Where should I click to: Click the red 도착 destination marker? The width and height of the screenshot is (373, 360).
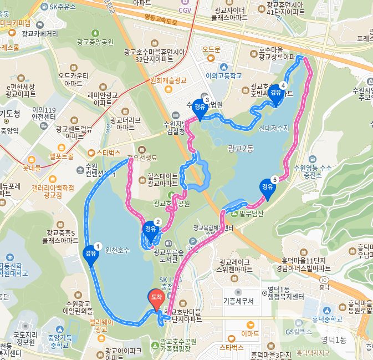click(156, 298)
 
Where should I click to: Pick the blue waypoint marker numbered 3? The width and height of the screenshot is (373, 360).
click(199, 108)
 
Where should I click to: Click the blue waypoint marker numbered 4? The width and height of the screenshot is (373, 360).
click(275, 93)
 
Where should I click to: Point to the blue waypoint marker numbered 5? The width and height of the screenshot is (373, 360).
click(267, 187)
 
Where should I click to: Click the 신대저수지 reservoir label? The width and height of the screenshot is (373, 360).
click(274, 128)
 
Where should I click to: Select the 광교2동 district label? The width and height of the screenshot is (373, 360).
click(240, 148)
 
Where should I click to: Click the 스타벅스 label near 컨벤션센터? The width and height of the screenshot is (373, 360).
click(109, 152)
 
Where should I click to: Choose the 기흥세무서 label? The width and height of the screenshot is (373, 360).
click(238, 301)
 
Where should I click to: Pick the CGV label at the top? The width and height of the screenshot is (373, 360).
click(185, 10)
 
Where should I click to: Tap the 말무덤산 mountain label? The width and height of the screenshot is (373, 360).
click(252, 213)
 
